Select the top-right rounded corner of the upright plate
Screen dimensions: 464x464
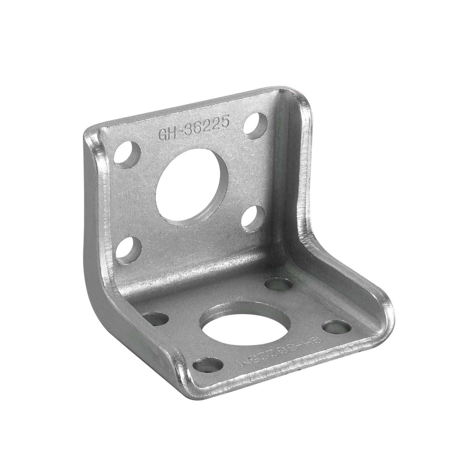pos(292,93)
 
